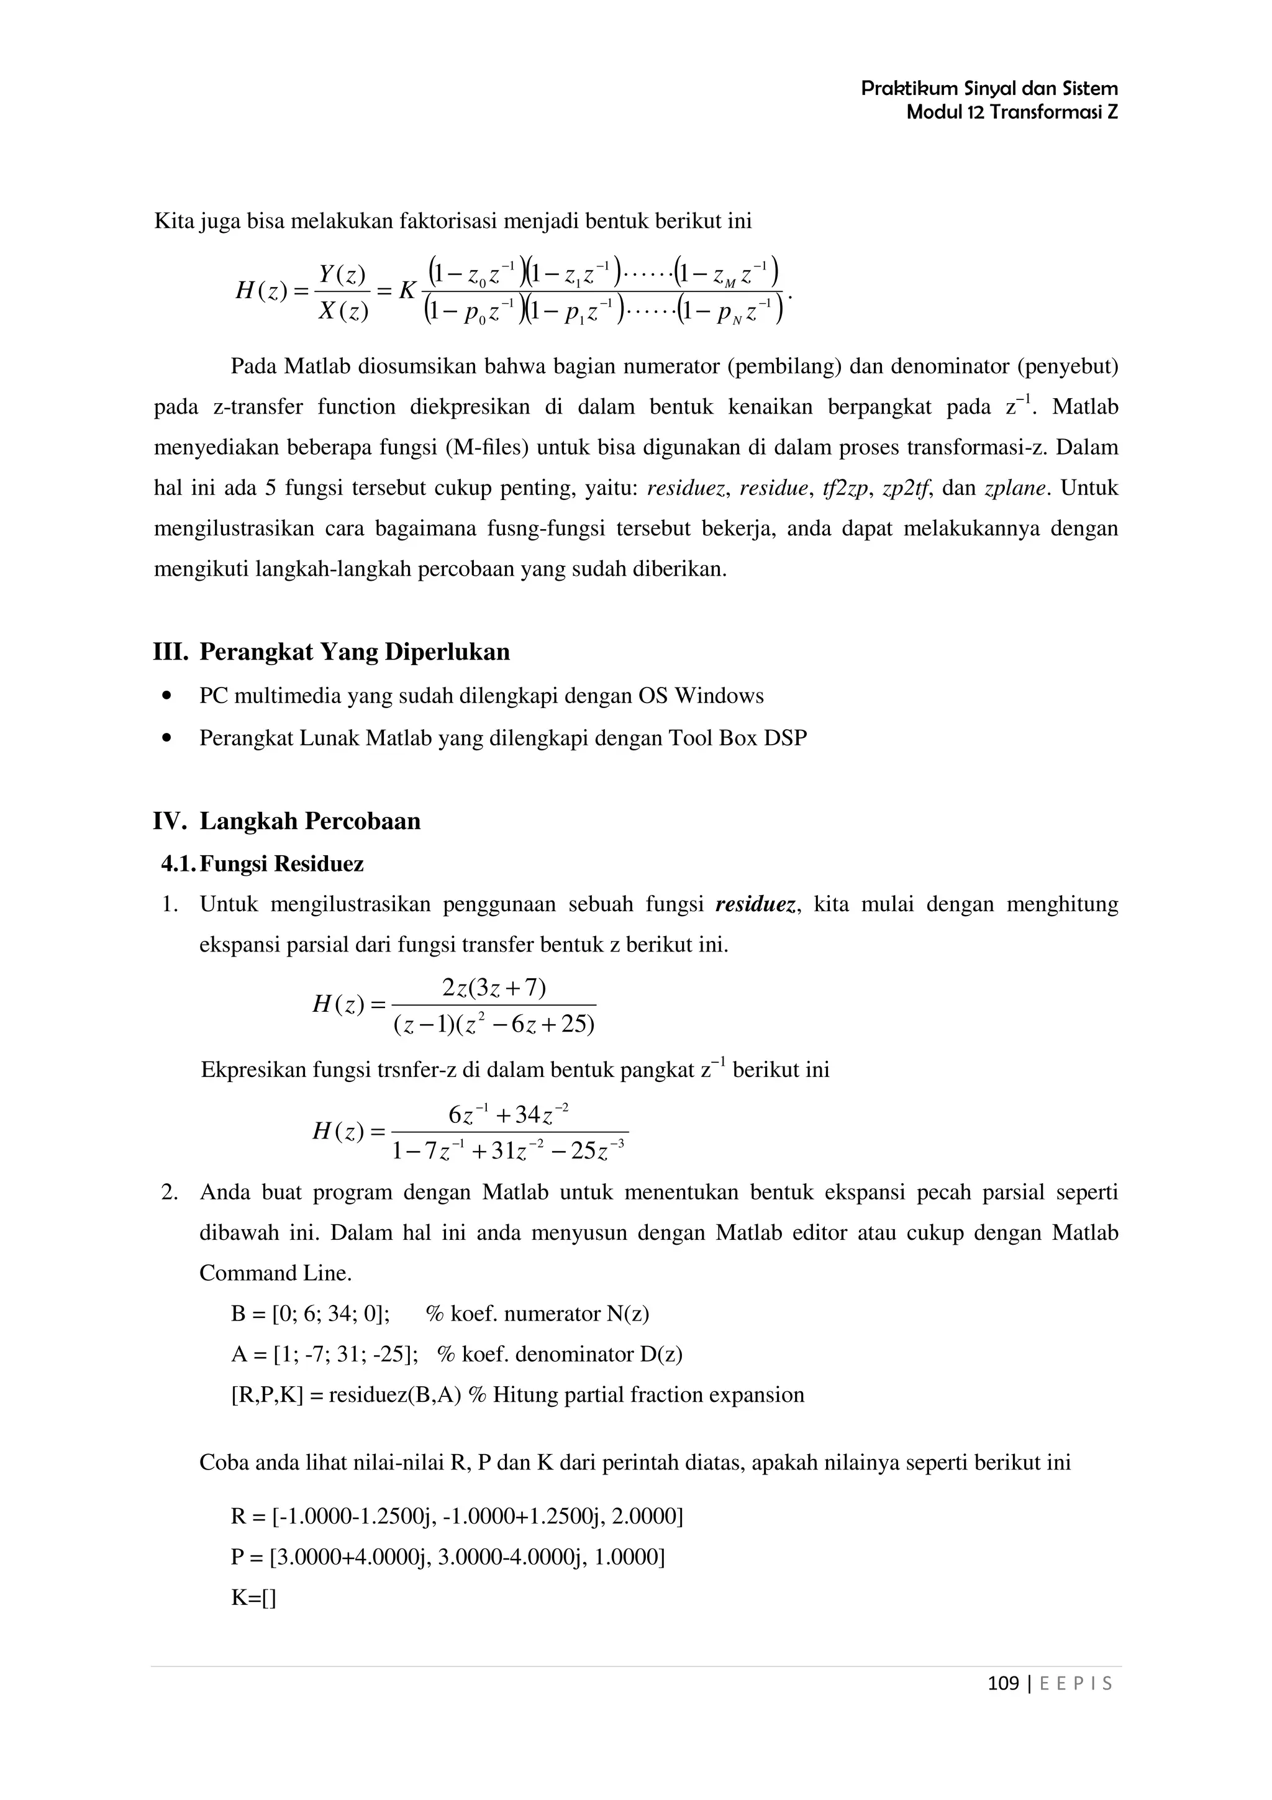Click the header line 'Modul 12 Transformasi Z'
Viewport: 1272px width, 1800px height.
coord(1011,112)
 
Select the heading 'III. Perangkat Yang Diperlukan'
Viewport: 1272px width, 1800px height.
coord(331,652)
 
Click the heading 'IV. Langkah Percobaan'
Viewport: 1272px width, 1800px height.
coord(286,821)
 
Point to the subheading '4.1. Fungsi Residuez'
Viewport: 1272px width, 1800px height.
coord(263,864)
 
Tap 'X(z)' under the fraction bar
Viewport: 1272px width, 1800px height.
coord(342,312)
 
